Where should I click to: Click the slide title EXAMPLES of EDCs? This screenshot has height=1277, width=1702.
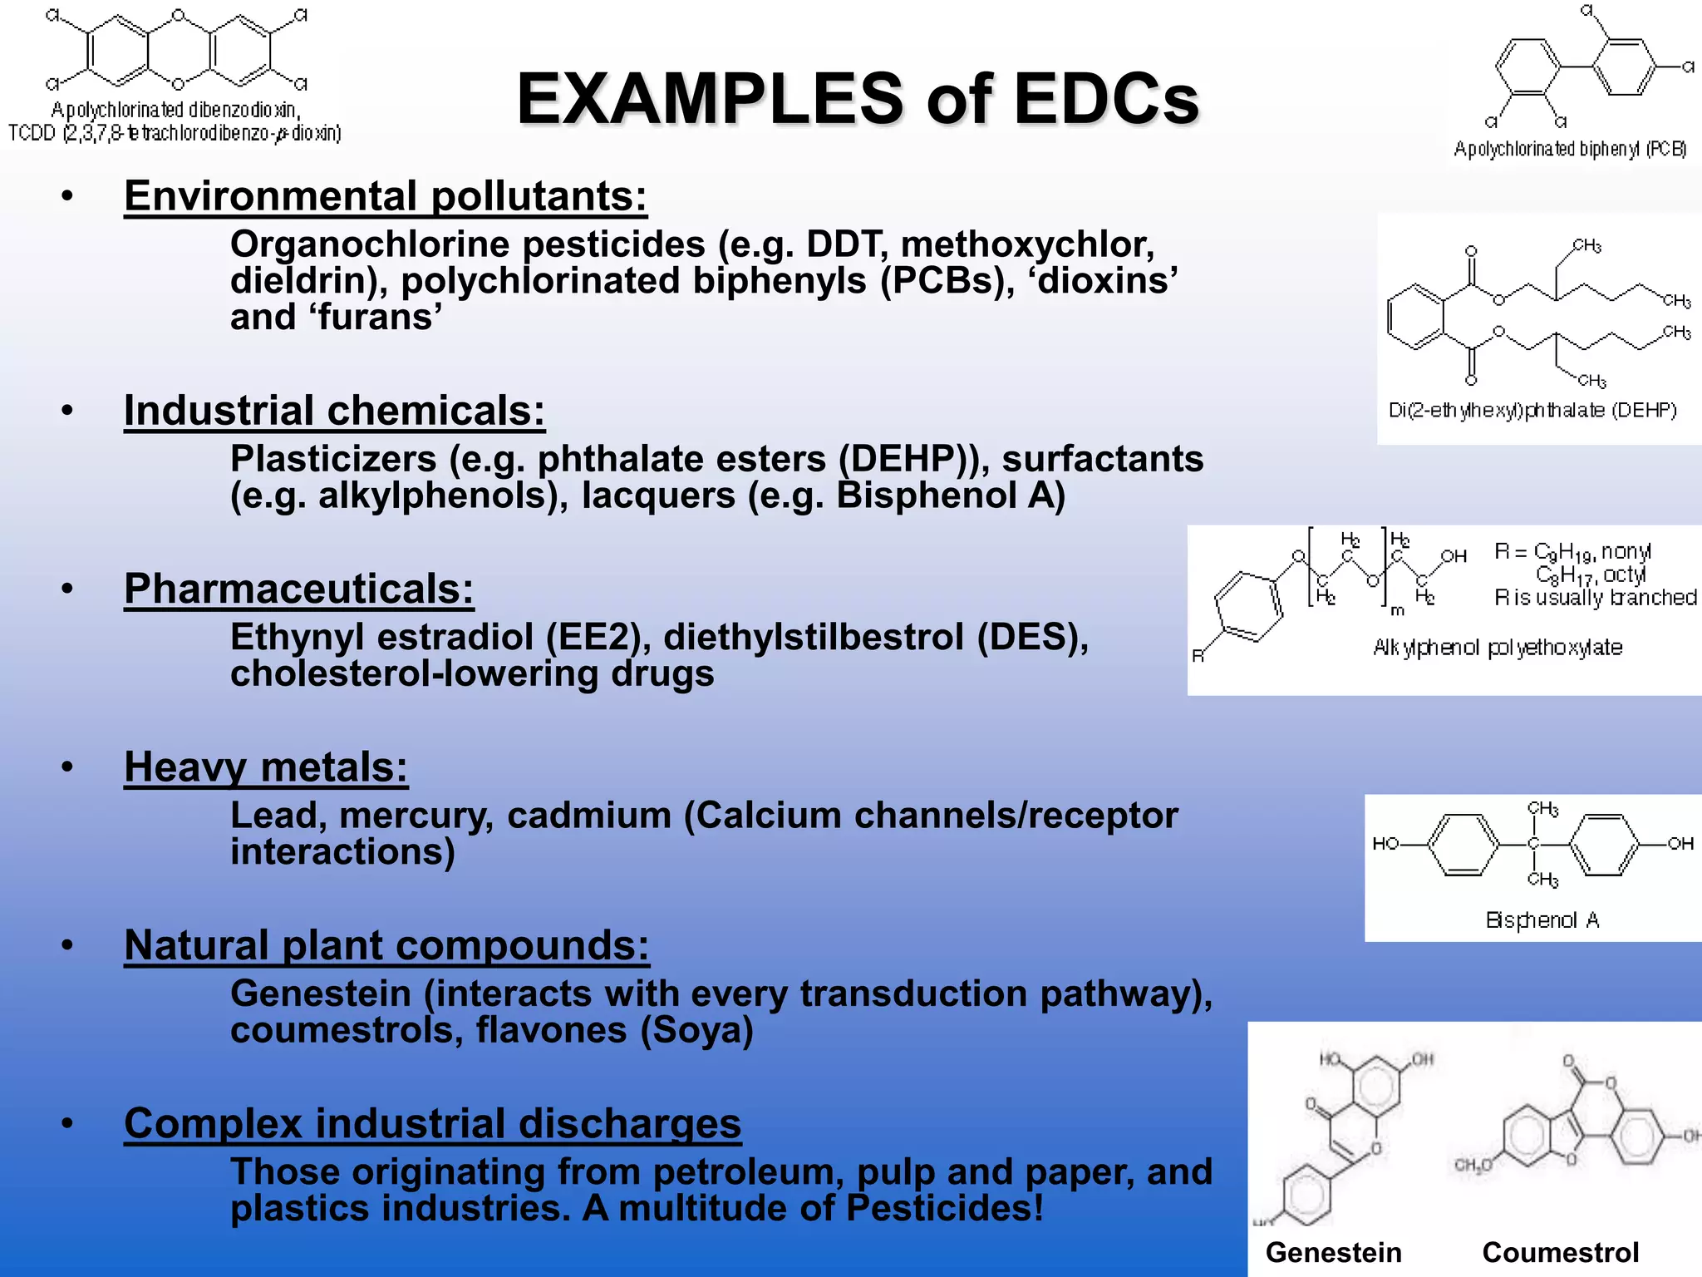[858, 98]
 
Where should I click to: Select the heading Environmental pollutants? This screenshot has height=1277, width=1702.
[385, 196]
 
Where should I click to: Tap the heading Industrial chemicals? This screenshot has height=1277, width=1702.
[334, 411]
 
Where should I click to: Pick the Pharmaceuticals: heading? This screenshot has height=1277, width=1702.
[298, 589]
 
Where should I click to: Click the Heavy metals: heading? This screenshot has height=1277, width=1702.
[266, 767]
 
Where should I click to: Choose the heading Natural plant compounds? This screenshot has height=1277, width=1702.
[386, 945]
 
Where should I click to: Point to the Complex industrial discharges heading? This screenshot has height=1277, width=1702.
[432, 1124]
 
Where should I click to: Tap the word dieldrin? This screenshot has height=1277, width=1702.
[303, 281]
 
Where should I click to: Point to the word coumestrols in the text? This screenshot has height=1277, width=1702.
[341, 1031]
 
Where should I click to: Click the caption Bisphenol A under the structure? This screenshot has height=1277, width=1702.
[1542, 920]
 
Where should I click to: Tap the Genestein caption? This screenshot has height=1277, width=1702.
[1333, 1252]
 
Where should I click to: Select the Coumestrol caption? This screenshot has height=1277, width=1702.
[1560, 1252]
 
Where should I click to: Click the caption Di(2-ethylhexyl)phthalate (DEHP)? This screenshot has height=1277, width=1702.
[1532, 411]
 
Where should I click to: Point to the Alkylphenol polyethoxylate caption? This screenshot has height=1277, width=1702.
[1498, 648]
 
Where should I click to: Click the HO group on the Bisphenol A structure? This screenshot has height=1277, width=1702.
[1385, 844]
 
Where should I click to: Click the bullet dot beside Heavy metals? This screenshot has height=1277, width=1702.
[67, 767]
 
